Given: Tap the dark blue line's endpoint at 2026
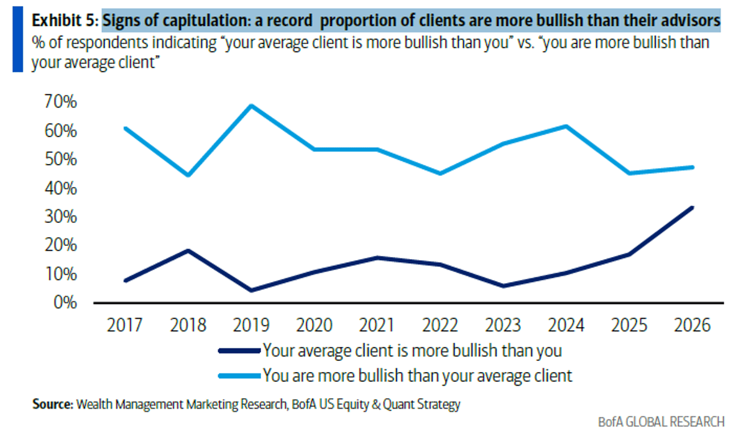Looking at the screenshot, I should tap(693, 207).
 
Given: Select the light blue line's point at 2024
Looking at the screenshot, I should tap(566, 126).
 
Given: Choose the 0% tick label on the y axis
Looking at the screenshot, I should tap(64, 303).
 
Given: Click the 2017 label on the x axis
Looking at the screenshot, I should tap(126, 325).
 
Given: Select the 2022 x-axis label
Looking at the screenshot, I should tap(440, 325).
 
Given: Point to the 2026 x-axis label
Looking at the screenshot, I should tap(692, 325).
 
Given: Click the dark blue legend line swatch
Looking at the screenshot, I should tap(238, 352).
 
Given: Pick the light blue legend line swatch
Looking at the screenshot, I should tap(238, 376).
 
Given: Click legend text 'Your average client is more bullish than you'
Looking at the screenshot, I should tap(412, 351).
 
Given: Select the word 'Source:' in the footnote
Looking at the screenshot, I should tap(52, 405).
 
